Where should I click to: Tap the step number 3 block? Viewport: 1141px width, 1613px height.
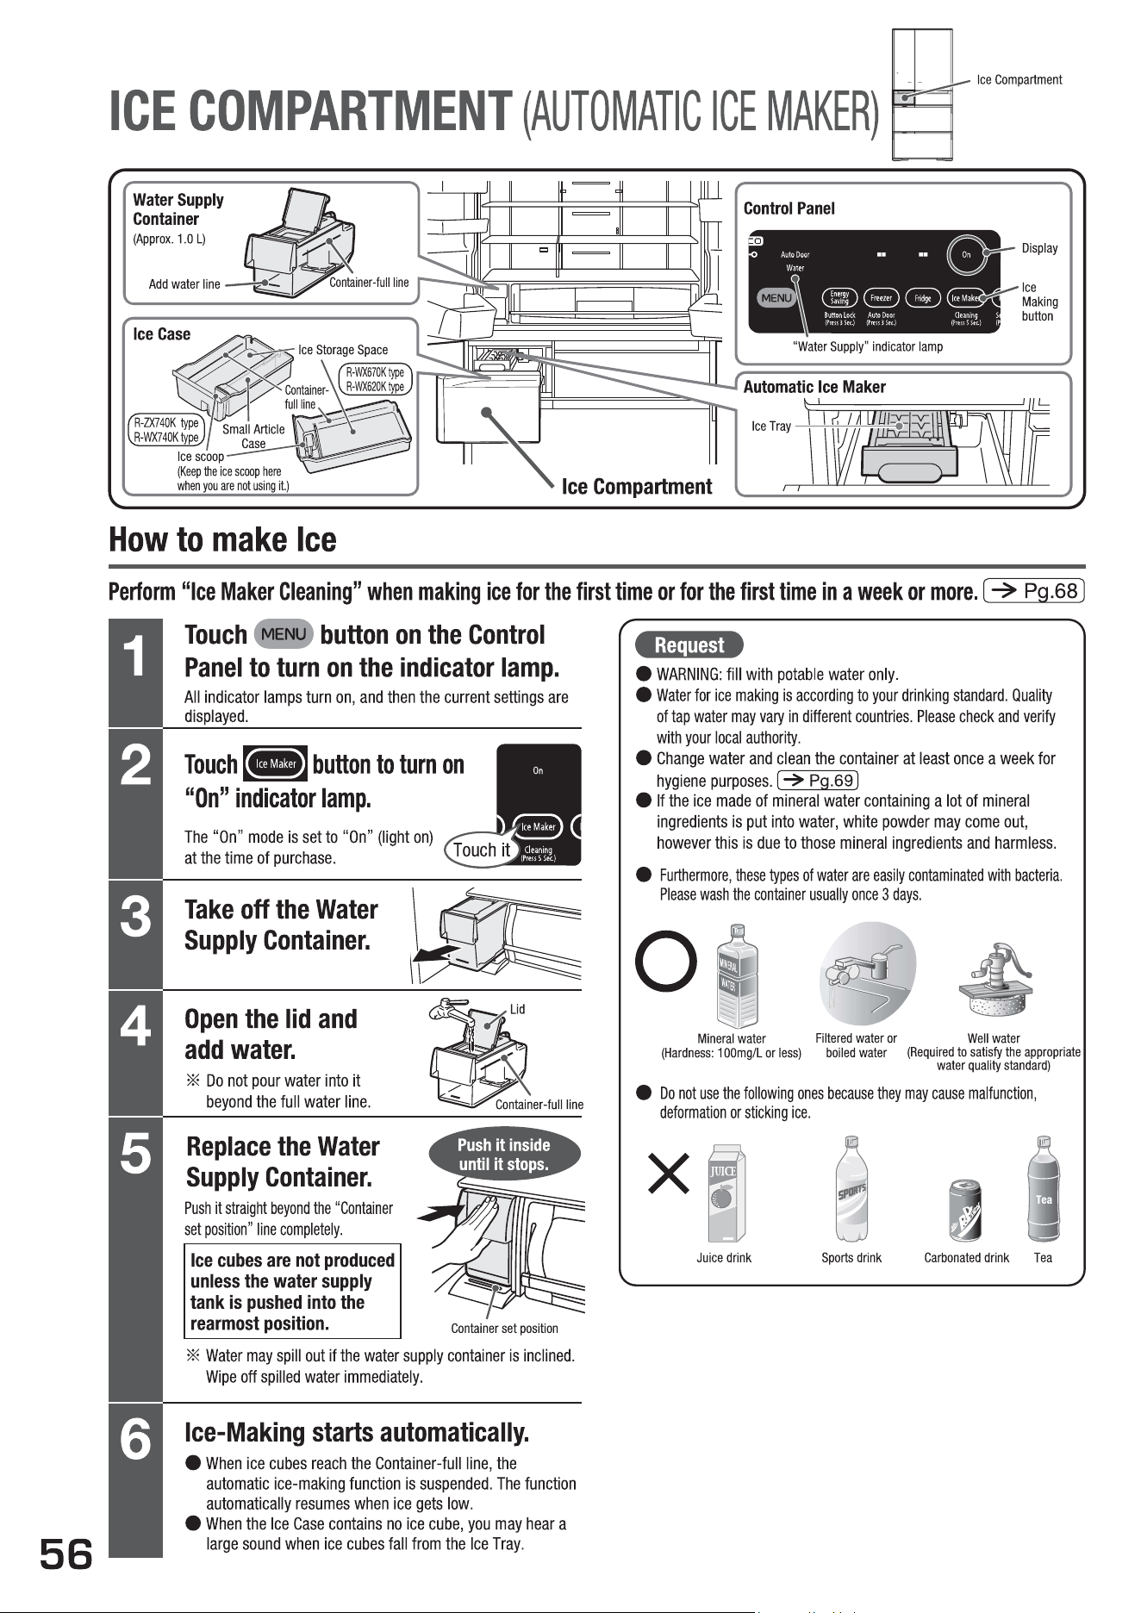[135, 935]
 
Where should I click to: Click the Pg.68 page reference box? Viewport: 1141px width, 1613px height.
[1033, 590]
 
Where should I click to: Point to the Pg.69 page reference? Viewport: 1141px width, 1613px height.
[817, 781]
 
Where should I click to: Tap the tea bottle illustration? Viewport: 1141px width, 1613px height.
[1043, 1190]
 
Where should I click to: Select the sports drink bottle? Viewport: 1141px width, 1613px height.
[851, 1188]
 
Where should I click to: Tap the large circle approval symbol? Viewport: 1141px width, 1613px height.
[665, 963]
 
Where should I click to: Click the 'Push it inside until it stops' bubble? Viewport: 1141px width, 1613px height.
[503, 1155]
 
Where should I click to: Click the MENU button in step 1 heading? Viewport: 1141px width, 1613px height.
[284, 634]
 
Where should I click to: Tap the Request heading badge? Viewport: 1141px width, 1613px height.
[689, 645]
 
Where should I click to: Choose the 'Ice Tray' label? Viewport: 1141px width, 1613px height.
[771, 427]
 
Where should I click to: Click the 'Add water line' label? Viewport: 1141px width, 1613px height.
[184, 284]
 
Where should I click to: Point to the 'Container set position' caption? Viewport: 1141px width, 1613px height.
[504, 1329]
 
